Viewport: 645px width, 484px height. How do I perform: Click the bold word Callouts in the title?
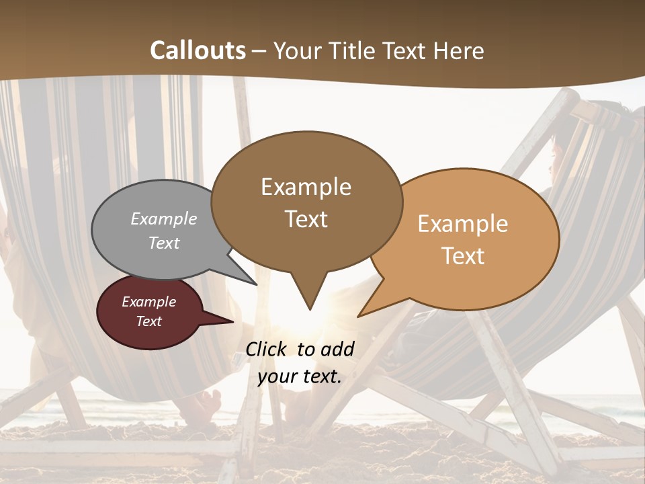198,50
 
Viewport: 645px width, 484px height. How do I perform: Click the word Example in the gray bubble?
164,219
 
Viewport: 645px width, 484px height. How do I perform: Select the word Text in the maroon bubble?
149,321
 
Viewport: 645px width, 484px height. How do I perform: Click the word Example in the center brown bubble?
306,187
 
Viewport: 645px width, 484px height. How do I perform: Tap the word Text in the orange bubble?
464,256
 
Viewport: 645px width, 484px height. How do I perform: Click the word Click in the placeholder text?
266,349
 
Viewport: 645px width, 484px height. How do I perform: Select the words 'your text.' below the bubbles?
300,376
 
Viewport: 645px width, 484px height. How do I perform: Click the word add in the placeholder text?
337,349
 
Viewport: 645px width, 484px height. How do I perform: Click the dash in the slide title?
259,51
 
